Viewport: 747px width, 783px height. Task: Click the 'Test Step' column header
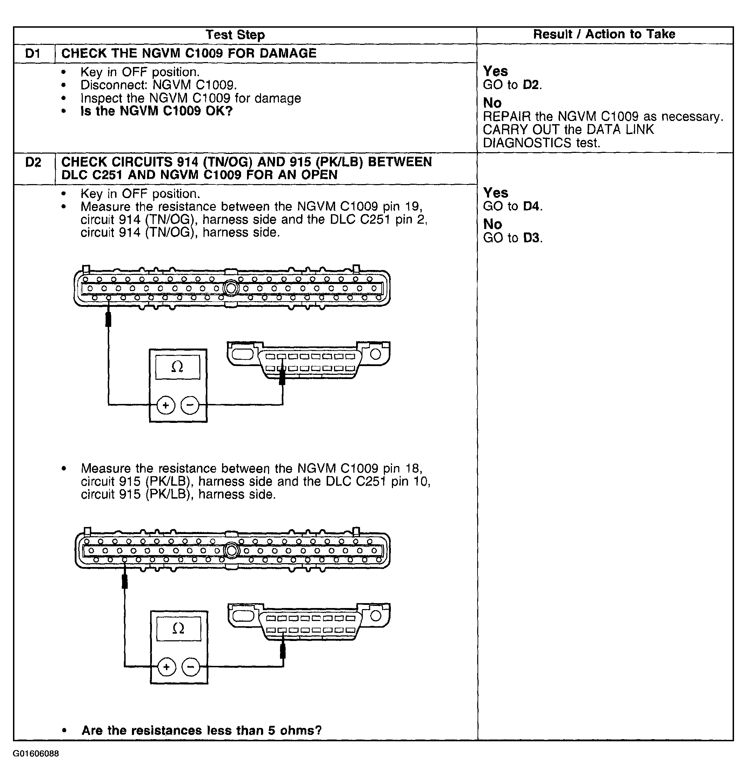[235, 35]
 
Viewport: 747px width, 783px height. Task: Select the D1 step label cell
[33, 53]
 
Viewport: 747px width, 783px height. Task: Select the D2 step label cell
[33, 162]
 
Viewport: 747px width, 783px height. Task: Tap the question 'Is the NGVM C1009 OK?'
[156, 111]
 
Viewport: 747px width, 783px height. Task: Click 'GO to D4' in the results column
[513, 206]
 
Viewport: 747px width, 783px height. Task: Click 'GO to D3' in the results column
[513, 238]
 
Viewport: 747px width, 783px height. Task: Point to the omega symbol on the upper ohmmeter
[177, 367]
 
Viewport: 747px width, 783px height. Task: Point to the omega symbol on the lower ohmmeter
[178, 629]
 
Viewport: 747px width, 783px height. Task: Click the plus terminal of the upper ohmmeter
[166, 405]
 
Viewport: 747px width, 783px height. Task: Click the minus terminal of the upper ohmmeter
[190, 405]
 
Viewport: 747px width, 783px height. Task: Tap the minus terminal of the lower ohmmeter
[191, 667]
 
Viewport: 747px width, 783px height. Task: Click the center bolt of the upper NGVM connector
[231, 288]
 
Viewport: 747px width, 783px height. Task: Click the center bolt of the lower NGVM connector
[232, 551]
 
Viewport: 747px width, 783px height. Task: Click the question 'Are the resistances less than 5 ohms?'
[201, 730]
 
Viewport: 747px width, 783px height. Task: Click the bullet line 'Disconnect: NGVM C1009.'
[159, 85]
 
